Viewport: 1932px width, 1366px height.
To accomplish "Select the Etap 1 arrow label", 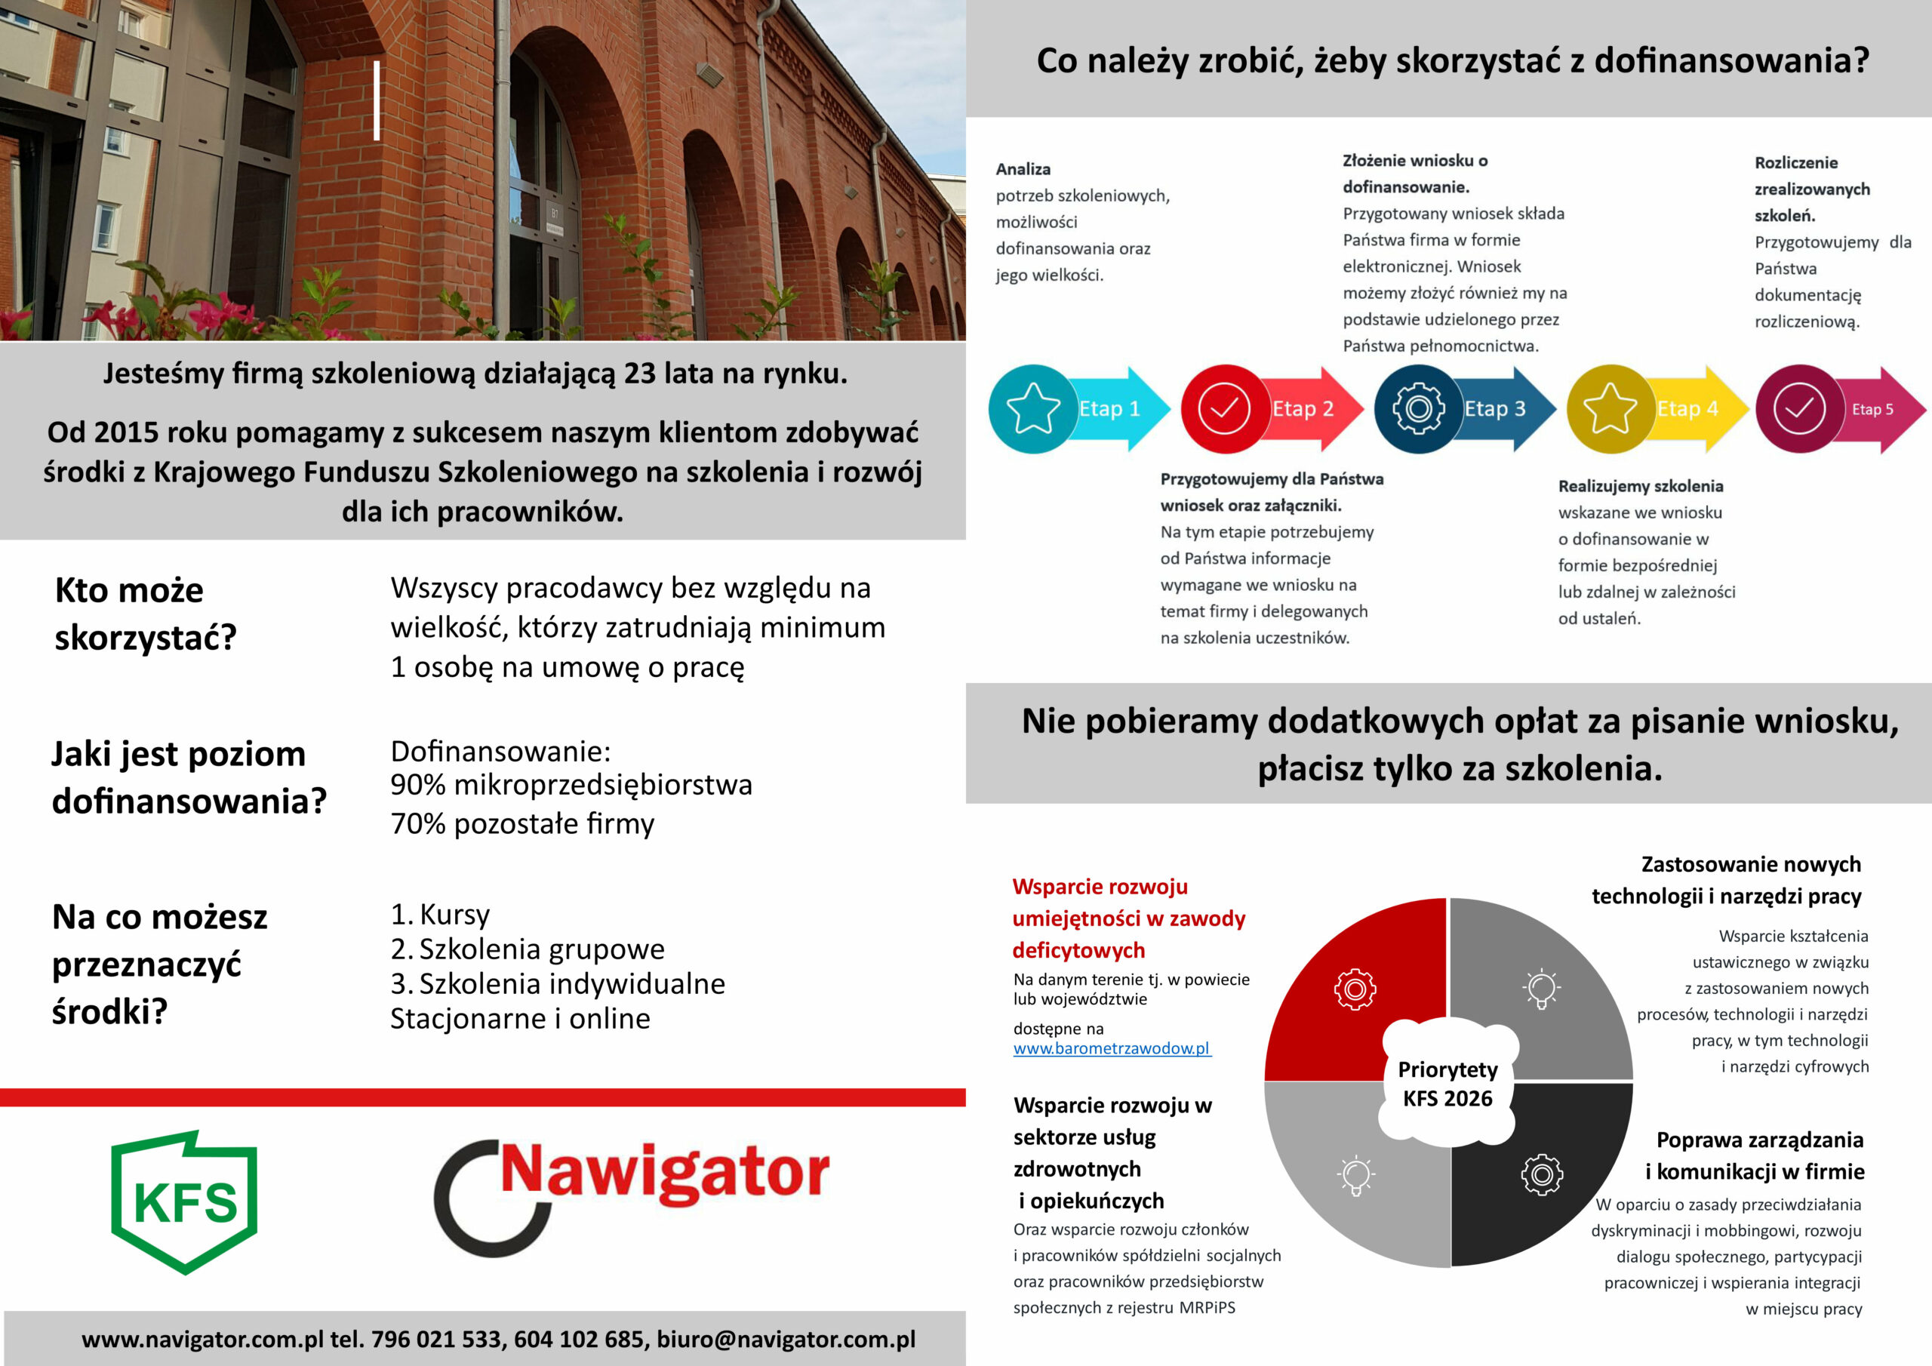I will click(1109, 409).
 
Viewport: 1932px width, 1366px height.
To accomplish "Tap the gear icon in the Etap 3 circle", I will click(1418, 409).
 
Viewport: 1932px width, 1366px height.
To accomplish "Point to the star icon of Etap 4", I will click(1610, 409).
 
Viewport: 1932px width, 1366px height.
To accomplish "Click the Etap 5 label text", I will click(1872, 410).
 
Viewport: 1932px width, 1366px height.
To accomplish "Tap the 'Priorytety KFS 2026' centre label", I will click(1447, 1084).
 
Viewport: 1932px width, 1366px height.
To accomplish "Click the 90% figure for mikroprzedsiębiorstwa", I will click(417, 784).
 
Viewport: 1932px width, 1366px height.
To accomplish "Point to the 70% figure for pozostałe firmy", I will click(417, 823).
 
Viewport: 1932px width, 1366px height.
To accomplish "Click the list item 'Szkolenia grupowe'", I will click(541, 949).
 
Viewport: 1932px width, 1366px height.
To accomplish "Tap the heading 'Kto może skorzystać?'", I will click(145, 614).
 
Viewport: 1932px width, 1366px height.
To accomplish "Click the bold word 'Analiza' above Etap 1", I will click(1023, 169).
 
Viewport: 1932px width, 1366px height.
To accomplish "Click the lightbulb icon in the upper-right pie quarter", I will click(1542, 987).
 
